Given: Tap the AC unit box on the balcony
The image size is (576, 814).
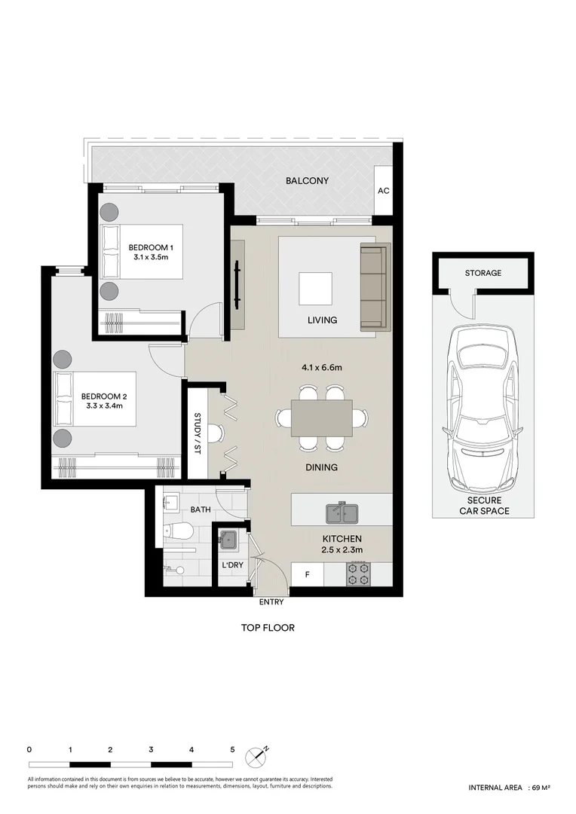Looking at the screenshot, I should [383, 191].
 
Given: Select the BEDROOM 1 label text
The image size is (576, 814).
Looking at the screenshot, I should [151, 247].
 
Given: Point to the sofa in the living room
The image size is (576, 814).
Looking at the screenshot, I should [373, 287].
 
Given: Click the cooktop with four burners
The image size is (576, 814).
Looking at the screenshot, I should [358, 575].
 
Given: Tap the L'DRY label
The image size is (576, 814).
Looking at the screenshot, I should [230, 565].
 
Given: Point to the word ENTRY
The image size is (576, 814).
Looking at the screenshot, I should [271, 601].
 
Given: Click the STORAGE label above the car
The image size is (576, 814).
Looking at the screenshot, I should [483, 273].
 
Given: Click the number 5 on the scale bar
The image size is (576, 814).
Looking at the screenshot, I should [232, 750].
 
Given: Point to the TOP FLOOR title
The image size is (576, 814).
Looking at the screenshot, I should [268, 628].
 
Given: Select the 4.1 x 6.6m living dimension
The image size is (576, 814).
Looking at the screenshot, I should [322, 368].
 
